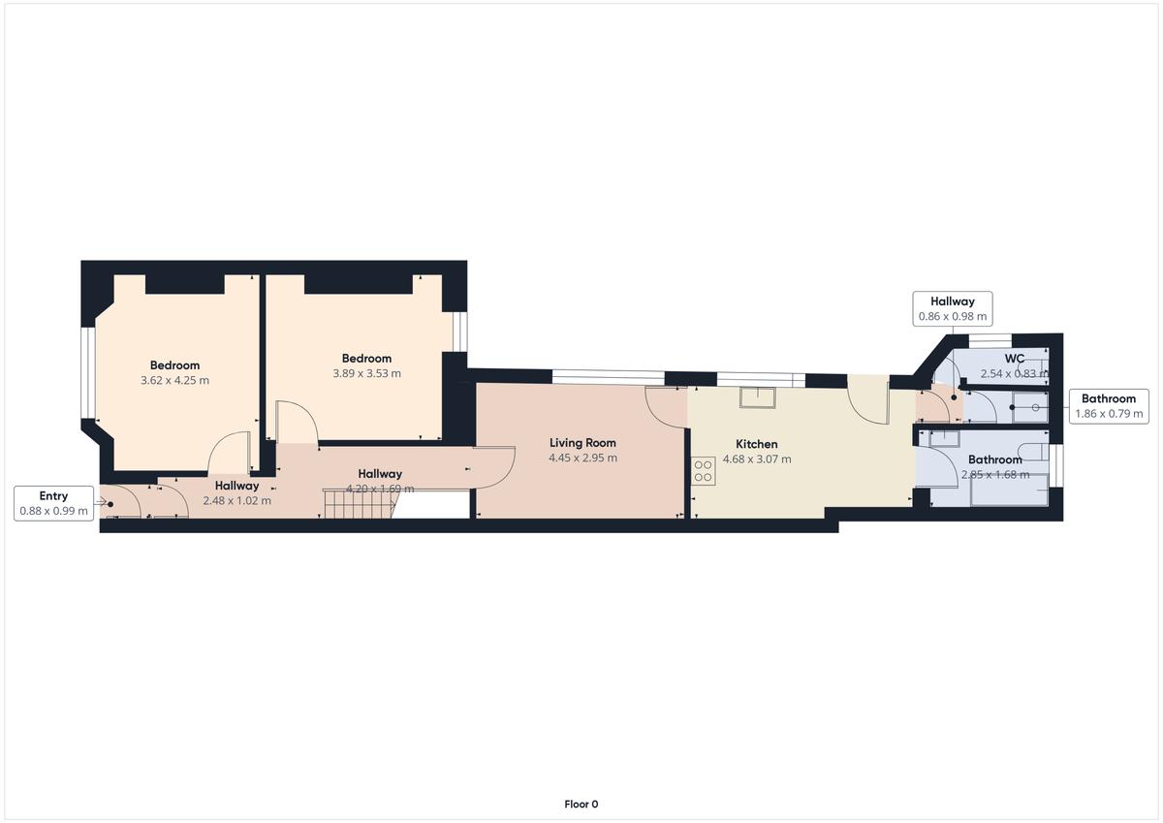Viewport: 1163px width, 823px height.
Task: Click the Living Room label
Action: pos(582,443)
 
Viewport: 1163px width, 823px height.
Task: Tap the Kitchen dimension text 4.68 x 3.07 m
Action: pos(757,459)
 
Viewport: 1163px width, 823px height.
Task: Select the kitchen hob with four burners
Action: pos(703,471)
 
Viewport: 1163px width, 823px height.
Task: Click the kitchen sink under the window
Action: pos(758,397)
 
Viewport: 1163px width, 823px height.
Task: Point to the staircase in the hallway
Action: pos(360,503)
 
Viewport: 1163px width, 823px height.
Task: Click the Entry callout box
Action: pos(53,503)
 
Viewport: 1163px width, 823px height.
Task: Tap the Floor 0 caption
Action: pos(581,805)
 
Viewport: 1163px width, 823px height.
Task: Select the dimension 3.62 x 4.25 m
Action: pos(175,381)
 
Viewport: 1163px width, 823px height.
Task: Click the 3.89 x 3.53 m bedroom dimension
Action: pos(367,373)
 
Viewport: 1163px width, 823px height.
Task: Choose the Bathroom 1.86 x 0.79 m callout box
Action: pos(1109,406)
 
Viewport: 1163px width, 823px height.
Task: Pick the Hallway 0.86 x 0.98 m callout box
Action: pos(953,309)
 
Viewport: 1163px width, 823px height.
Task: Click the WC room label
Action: pos(1015,359)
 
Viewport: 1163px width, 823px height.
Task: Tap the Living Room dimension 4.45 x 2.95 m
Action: pos(583,458)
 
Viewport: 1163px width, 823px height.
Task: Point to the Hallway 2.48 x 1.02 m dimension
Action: pos(237,501)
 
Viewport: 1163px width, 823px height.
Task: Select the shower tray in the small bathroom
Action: pos(1030,407)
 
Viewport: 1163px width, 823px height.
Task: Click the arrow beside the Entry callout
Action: pos(100,502)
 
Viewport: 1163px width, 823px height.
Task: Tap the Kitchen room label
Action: pos(757,444)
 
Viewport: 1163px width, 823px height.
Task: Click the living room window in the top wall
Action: pos(608,377)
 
